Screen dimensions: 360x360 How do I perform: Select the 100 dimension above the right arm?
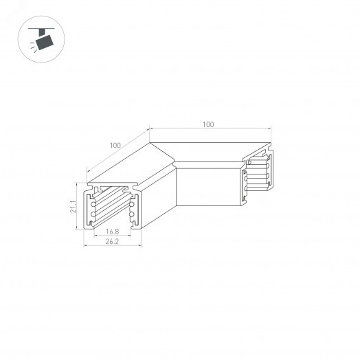(209, 124)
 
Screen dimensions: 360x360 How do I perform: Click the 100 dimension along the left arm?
(114, 146)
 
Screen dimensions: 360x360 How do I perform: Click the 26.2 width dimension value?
(111, 242)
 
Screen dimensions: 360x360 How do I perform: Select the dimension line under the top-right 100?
(209, 128)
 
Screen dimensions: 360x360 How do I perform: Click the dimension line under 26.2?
(111, 246)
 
